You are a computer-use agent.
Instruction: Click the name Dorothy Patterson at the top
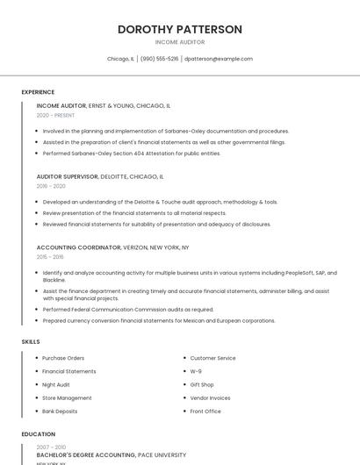coord(179,29)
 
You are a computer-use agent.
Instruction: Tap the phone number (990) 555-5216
coord(159,59)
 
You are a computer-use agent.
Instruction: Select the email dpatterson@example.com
coord(219,59)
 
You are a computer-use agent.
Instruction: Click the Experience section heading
coord(38,92)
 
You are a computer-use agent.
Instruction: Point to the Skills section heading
coord(31,341)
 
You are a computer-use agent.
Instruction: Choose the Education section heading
coord(38,434)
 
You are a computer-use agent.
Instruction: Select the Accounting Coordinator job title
coord(79,247)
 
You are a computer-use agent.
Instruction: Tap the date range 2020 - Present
coord(55,115)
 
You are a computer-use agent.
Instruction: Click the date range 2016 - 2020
coord(51,186)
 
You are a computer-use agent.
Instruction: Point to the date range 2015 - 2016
coord(50,257)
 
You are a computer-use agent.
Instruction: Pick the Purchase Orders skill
coord(63,358)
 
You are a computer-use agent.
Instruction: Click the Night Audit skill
coord(55,384)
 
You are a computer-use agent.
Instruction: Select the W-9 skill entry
coord(196,371)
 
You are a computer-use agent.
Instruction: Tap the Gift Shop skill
coord(202,384)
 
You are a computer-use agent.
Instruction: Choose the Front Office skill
coord(205,411)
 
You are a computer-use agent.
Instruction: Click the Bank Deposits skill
coord(60,411)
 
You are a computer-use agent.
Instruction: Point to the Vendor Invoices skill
coord(210,397)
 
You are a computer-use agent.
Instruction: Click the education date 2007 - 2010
coord(51,447)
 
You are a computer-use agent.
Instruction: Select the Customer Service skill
coord(213,358)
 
